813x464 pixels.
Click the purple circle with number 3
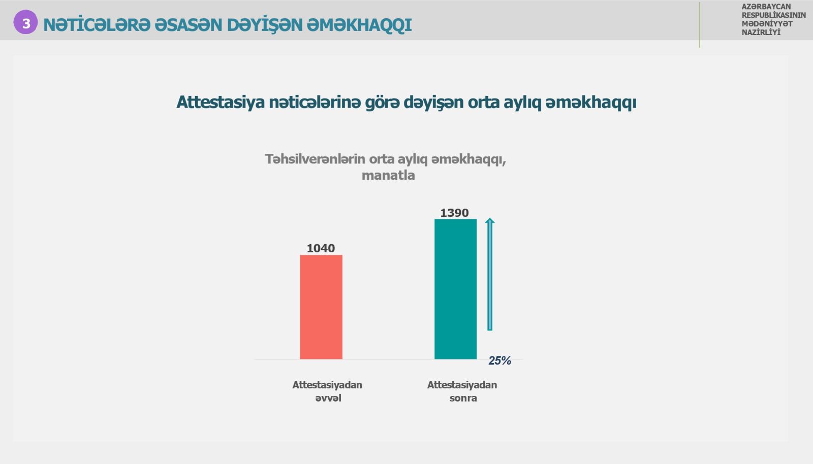point(25,22)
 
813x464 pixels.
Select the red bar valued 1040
point(321,307)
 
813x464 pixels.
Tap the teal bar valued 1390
point(455,289)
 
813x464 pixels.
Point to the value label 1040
point(321,248)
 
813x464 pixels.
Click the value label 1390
point(454,213)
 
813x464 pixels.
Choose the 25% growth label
point(500,360)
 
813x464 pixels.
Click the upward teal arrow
point(490,274)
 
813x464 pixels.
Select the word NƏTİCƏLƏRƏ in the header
point(97,25)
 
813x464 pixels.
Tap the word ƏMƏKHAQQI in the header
point(359,25)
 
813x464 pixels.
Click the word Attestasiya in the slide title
point(221,102)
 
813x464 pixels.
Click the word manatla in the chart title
point(388,176)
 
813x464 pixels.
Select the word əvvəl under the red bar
point(328,398)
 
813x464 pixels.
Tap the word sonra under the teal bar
point(463,398)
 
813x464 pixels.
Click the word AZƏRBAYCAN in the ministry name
point(766,7)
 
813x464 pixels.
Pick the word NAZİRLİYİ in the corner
point(761,32)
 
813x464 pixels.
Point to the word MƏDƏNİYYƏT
point(767,23)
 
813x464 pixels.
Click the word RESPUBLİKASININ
point(773,15)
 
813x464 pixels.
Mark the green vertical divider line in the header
point(699,25)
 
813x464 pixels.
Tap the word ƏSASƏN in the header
point(188,25)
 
